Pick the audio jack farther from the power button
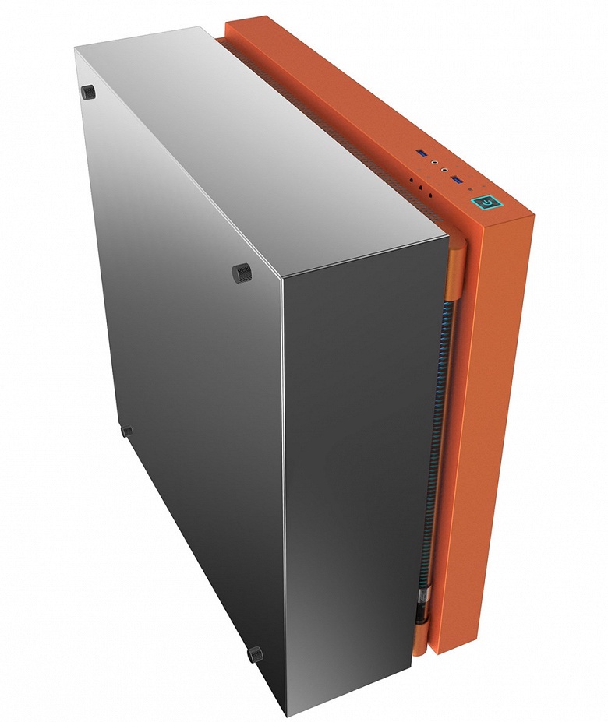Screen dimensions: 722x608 (435, 161)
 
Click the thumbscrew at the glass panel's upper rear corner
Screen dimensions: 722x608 (87, 92)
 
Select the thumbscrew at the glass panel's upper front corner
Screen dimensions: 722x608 (242, 272)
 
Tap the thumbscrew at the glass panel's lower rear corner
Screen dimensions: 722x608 (126, 431)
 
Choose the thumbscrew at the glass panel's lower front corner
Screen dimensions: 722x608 (256, 654)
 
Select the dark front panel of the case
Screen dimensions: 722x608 (359, 467)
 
